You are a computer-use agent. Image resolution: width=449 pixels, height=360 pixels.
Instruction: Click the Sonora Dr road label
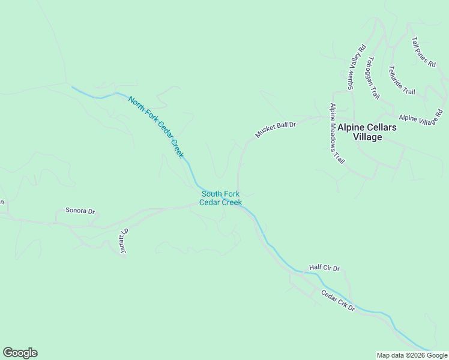coord(80,211)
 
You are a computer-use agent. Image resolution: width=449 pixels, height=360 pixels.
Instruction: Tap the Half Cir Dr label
coord(324,268)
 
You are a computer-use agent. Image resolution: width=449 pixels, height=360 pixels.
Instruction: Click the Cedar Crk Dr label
coord(338,301)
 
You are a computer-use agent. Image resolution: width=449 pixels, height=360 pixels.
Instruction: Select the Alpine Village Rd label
coord(420,116)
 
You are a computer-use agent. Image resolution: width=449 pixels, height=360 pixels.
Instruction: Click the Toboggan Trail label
coord(373,78)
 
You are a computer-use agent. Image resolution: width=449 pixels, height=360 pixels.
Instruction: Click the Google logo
coord(20,353)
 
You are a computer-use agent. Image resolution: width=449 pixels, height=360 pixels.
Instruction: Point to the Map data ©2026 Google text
coord(412,355)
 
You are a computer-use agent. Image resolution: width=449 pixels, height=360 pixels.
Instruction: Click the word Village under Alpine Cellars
coord(367,137)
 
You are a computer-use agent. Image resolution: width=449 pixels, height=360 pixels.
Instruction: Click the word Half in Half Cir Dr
coord(316,268)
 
